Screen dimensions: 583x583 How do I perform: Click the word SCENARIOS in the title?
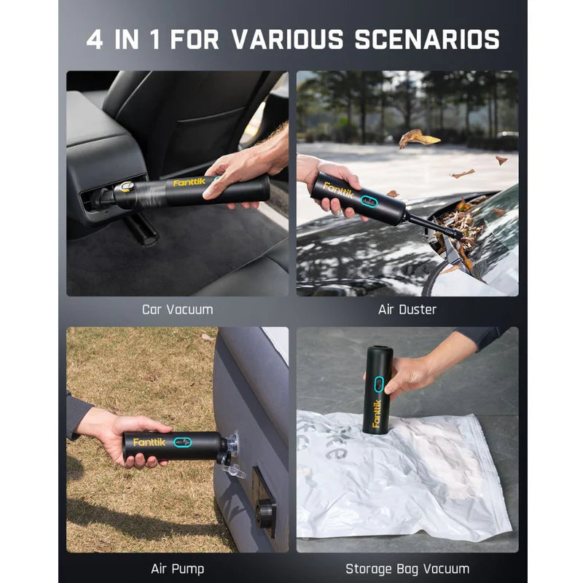coord(426,39)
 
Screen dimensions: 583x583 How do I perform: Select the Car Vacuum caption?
coord(177,310)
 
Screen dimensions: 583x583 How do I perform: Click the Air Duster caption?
coord(407,310)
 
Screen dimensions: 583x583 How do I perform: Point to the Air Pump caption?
coord(177,568)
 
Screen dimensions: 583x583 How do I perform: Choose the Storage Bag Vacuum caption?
coord(407,568)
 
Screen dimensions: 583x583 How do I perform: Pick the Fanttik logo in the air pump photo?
coord(149,442)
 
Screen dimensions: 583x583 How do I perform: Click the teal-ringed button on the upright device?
coord(378,383)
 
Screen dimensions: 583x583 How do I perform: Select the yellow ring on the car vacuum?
coord(127,187)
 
